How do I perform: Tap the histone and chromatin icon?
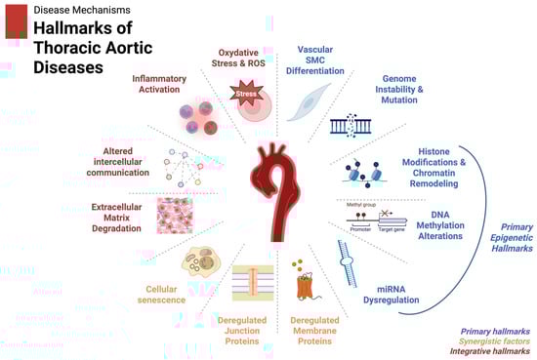pyautogui.click(x=358, y=172)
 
